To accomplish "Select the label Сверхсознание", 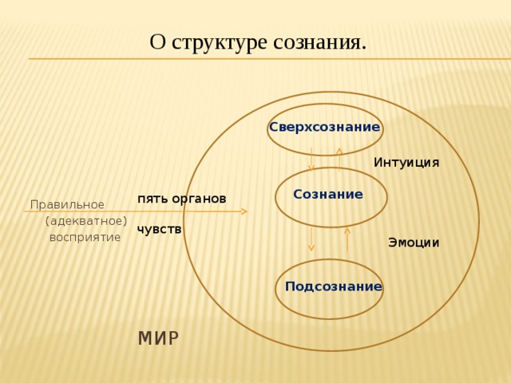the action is [325, 127].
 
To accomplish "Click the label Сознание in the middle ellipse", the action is [328, 194].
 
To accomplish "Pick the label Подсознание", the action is [334, 286].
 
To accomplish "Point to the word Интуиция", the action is [406, 163].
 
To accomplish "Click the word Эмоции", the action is [414, 243].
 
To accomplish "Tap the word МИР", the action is [159, 338].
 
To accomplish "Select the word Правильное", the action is [67, 205].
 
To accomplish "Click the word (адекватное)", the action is [86, 222].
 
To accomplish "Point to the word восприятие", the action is [85, 238].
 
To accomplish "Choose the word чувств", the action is [159, 230].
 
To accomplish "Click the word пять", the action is [153, 199].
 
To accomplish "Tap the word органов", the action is [199, 199].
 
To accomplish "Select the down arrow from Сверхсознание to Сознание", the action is [311, 160].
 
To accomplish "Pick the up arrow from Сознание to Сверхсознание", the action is [339, 160].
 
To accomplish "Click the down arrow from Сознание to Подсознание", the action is [311, 239].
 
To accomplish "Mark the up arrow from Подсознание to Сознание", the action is [347, 239].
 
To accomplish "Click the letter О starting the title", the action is [158, 42].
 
